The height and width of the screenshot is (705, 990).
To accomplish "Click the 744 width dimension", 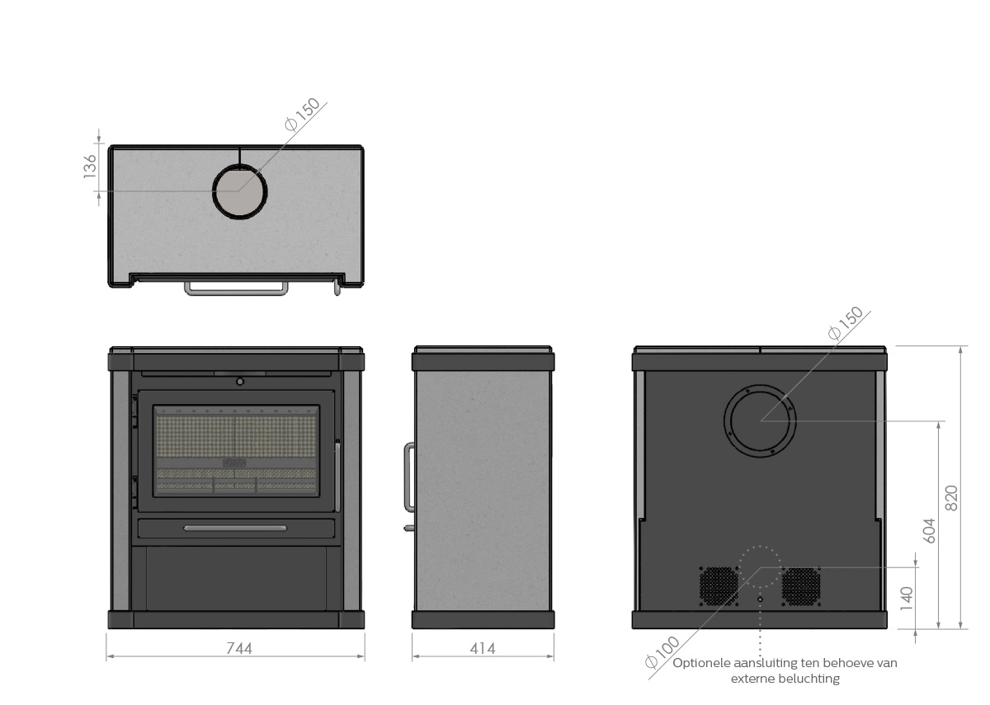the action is point(239,648).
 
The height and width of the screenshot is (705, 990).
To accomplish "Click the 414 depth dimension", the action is point(483,648).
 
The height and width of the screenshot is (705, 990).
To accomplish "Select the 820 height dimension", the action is point(951,498).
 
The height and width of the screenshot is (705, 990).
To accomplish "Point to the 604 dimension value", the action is point(930,530).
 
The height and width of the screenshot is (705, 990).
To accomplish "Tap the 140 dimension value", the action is point(907,599).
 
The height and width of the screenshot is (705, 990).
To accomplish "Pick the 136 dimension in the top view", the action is point(90,167).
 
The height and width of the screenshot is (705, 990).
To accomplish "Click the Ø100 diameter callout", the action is point(662,652).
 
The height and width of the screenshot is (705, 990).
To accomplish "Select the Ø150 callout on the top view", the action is point(302,115).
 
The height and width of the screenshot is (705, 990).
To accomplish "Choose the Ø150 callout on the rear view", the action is point(846,323).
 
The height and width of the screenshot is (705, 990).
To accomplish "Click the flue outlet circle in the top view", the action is point(213,191).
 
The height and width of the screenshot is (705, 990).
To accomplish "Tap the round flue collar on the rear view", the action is point(724,421).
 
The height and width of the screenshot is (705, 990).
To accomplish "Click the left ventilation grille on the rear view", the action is point(719,586).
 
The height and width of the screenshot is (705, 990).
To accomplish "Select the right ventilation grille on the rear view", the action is point(801,586).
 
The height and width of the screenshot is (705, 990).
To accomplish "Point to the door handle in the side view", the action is point(407,477).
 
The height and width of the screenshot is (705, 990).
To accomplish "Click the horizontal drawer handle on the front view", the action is point(235,528).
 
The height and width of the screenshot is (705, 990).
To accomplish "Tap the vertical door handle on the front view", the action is point(337,475).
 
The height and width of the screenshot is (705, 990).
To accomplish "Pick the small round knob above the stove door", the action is point(240,382).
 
